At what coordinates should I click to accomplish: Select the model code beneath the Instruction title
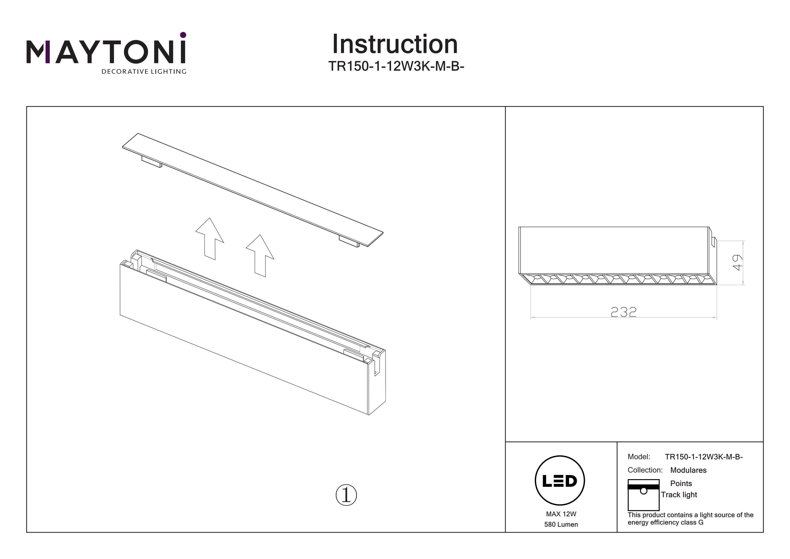pyautogui.click(x=396, y=66)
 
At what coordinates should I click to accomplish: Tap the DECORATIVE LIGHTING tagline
pyautogui.click(x=144, y=72)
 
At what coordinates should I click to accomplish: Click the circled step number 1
pyautogui.click(x=346, y=495)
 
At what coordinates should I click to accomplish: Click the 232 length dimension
pyautogui.click(x=624, y=312)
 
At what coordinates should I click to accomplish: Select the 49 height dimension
pyautogui.click(x=737, y=263)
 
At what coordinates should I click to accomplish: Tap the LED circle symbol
pyautogui.click(x=560, y=480)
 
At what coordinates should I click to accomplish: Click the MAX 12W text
pyautogui.click(x=561, y=514)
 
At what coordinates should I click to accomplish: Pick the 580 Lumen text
pyautogui.click(x=561, y=524)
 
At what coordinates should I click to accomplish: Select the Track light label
pyautogui.click(x=679, y=495)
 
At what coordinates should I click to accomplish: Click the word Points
pyautogui.click(x=681, y=483)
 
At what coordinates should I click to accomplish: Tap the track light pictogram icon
pyautogui.click(x=643, y=495)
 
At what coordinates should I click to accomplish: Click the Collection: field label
pyautogui.click(x=645, y=470)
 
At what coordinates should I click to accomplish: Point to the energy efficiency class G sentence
pyautogui.click(x=690, y=519)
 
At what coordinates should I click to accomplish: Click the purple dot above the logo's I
pyautogui.click(x=183, y=35)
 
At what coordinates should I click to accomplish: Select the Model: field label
pyautogui.click(x=639, y=457)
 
